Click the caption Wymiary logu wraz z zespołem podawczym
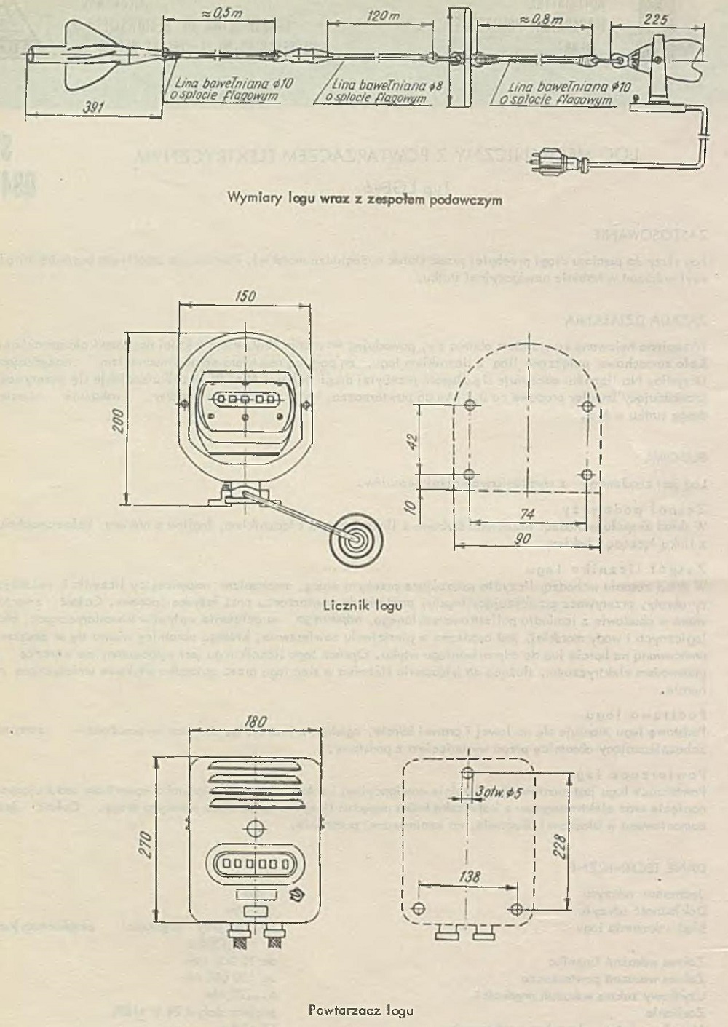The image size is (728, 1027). click(365, 198)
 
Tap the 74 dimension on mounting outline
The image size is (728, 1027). click(529, 513)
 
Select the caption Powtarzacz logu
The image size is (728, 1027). click(361, 1010)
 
